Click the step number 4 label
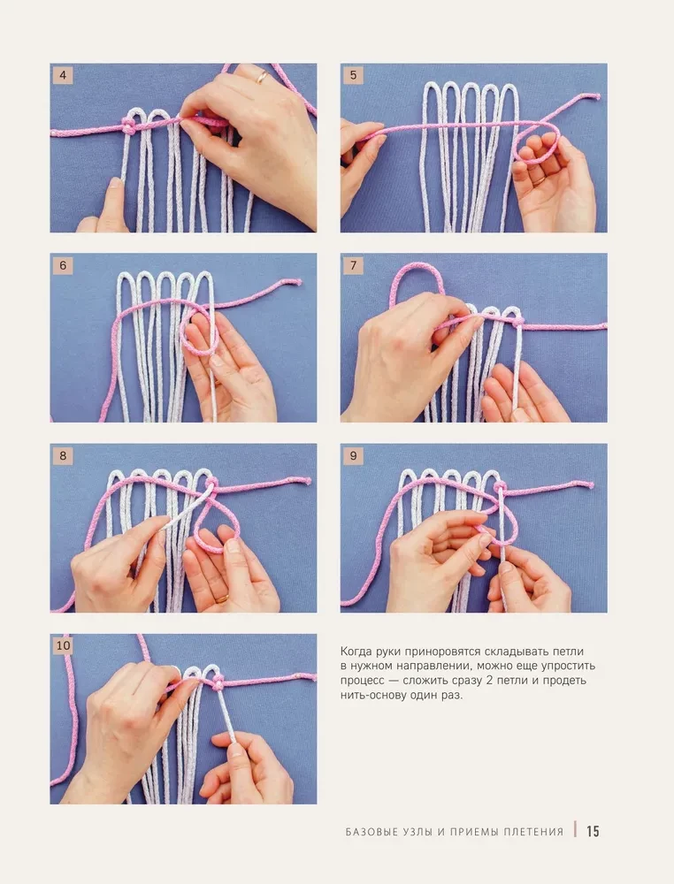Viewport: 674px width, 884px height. (62, 75)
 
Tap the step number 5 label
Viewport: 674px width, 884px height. (353, 75)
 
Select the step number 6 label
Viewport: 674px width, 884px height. (62, 265)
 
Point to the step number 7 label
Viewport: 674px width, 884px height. (353, 265)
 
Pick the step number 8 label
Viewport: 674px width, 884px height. (62, 456)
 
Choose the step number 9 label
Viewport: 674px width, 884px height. (353, 456)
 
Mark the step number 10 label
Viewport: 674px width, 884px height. (63, 646)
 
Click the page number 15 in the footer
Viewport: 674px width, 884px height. (593, 831)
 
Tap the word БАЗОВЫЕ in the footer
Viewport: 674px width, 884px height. (372, 832)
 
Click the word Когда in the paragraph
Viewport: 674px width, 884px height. (359, 651)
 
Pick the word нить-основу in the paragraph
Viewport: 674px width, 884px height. (375, 695)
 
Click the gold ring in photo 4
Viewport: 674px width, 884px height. (261, 78)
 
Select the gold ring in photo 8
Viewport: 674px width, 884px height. (221, 598)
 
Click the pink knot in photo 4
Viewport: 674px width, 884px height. (129, 128)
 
